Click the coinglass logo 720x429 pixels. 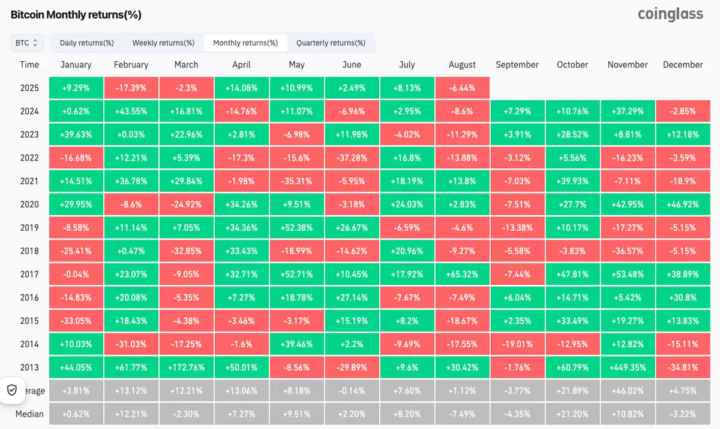pos(670,14)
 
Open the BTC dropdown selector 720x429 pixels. pos(26,43)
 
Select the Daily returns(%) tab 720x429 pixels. pos(87,43)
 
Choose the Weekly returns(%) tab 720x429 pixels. pos(163,43)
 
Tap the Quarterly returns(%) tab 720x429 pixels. pos(331,43)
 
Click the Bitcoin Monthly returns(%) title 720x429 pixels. pos(76,14)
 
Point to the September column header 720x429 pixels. pos(517,64)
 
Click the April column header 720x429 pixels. pos(241,64)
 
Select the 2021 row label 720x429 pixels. pos(29,181)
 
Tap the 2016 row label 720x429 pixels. pos(29,297)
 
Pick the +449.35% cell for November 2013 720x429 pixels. pos(628,367)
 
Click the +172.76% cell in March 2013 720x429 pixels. pos(186,367)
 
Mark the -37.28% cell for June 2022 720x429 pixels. pos(352,158)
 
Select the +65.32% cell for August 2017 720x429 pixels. pos(462,274)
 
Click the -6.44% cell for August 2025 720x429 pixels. pos(462,88)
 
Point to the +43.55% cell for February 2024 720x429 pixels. pos(131,111)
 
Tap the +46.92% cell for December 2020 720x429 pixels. pos(683,204)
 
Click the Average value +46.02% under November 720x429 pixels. pos(628,391)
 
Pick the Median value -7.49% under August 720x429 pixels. pos(462,414)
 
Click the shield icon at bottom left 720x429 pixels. pos(11,390)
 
